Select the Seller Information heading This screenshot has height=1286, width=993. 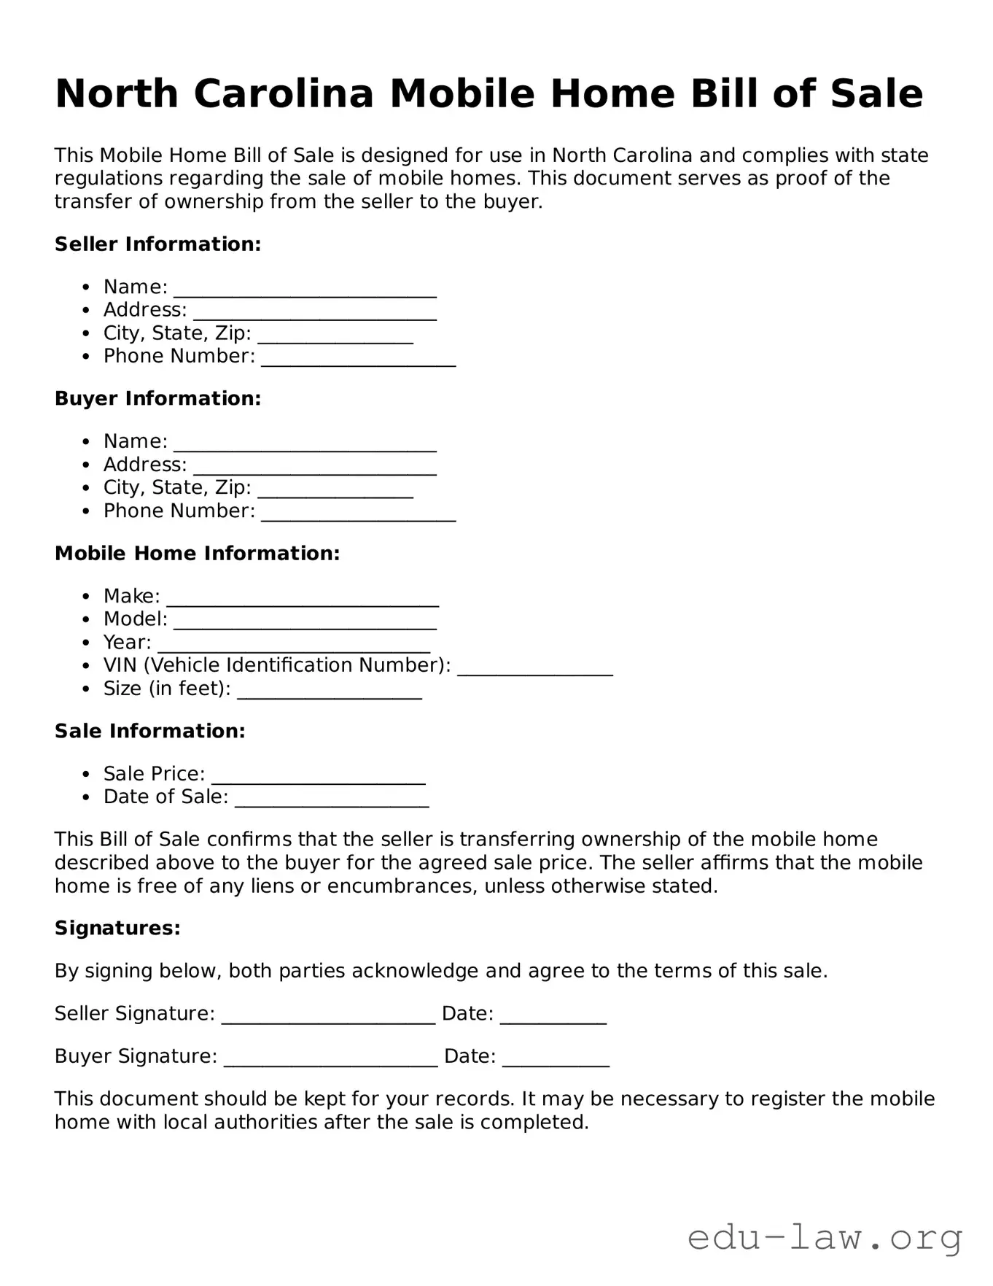click(x=157, y=244)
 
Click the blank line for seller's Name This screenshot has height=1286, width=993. click(x=305, y=290)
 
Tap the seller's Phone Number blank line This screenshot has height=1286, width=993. click(x=358, y=359)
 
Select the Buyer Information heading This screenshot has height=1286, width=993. click(x=157, y=399)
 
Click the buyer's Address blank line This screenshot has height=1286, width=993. click(x=314, y=468)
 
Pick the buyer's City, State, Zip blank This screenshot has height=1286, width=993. click(x=335, y=491)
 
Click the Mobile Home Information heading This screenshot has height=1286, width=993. click(x=197, y=554)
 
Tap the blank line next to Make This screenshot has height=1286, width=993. click(x=303, y=600)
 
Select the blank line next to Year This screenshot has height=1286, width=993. click(x=294, y=646)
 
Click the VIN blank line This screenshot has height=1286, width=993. click(x=534, y=669)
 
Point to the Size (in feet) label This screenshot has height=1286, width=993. click(x=167, y=689)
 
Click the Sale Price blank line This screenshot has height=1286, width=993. click(x=318, y=777)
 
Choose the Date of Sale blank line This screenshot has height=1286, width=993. click(x=332, y=800)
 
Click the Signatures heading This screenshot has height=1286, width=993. click(x=117, y=929)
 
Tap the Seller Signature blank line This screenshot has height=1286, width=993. click(x=328, y=1017)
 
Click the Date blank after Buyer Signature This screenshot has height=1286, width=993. click(x=556, y=1060)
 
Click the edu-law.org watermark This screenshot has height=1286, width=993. click(x=825, y=1238)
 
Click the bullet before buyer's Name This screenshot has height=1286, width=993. click(x=87, y=442)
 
